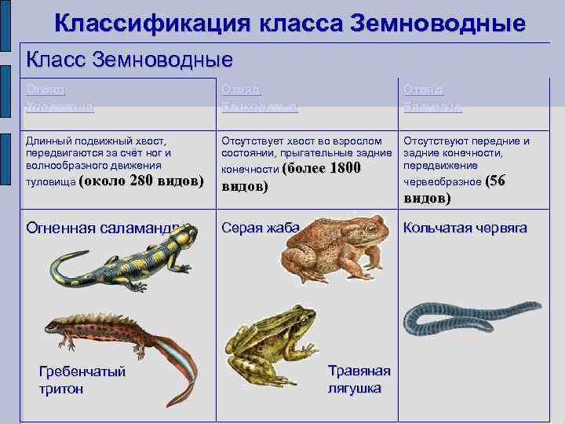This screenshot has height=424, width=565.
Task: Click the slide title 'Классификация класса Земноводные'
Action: click(x=290, y=24)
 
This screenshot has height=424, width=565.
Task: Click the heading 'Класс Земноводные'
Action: click(x=129, y=59)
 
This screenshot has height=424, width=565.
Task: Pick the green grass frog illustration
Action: click(x=271, y=342)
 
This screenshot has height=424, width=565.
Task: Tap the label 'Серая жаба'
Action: click(x=261, y=228)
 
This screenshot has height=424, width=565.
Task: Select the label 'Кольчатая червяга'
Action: click(x=465, y=228)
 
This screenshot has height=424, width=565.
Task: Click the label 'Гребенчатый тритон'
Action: click(x=82, y=380)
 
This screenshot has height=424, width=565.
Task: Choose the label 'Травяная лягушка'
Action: click(x=355, y=379)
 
